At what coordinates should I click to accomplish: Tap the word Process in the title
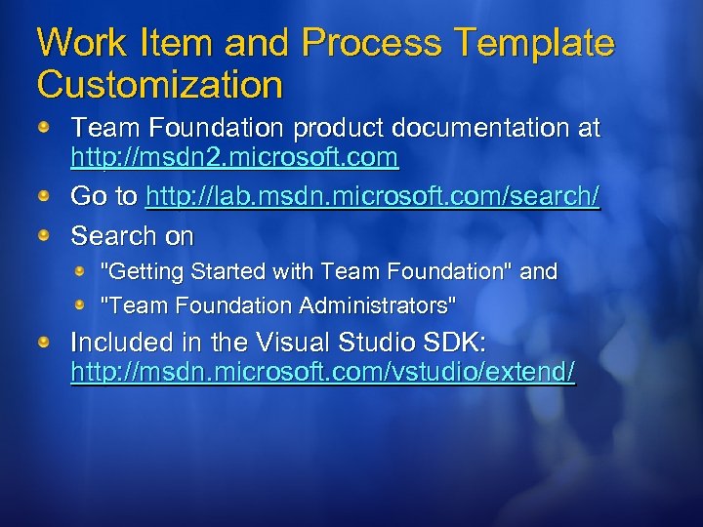click(365, 43)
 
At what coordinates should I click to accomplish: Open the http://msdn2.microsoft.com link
click(234, 156)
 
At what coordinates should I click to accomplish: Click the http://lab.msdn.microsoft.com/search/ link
click(372, 196)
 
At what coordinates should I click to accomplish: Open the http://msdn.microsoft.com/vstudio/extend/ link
click(323, 373)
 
